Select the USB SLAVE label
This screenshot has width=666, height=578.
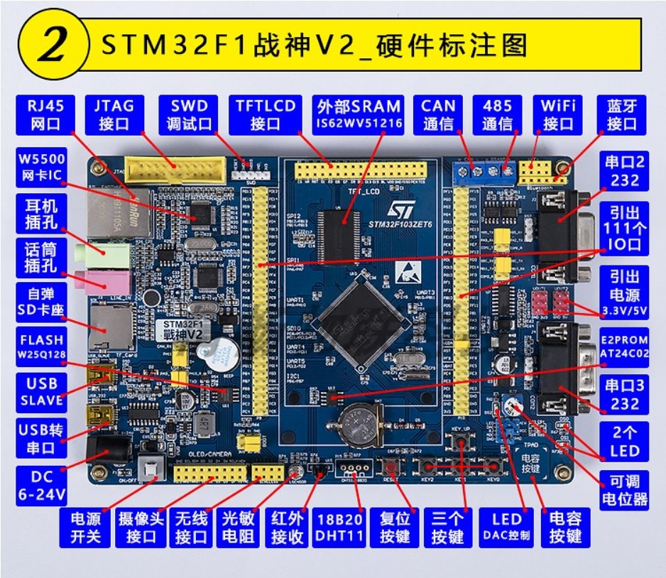[x=41, y=392]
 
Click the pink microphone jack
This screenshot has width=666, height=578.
[x=110, y=277]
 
